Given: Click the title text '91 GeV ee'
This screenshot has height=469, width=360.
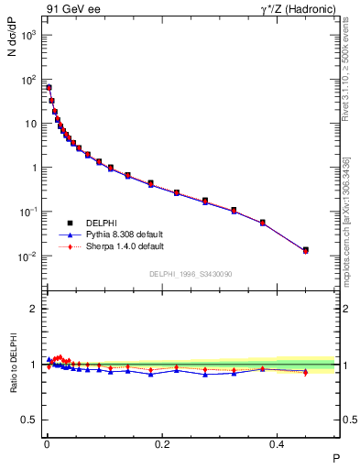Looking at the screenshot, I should [69, 10].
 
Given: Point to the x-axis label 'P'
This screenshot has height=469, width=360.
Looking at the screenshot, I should [335, 457].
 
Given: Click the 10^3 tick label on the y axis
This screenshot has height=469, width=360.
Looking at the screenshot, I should [28, 35].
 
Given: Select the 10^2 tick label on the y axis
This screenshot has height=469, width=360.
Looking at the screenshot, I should [28, 80].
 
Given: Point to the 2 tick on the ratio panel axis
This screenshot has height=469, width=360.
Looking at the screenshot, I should [34, 310].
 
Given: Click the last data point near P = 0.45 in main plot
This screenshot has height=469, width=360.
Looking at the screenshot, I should [306, 250].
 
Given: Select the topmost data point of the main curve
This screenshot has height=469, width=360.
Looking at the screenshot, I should [49, 88].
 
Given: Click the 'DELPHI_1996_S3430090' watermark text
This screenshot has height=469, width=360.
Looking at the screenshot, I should [190, 274].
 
